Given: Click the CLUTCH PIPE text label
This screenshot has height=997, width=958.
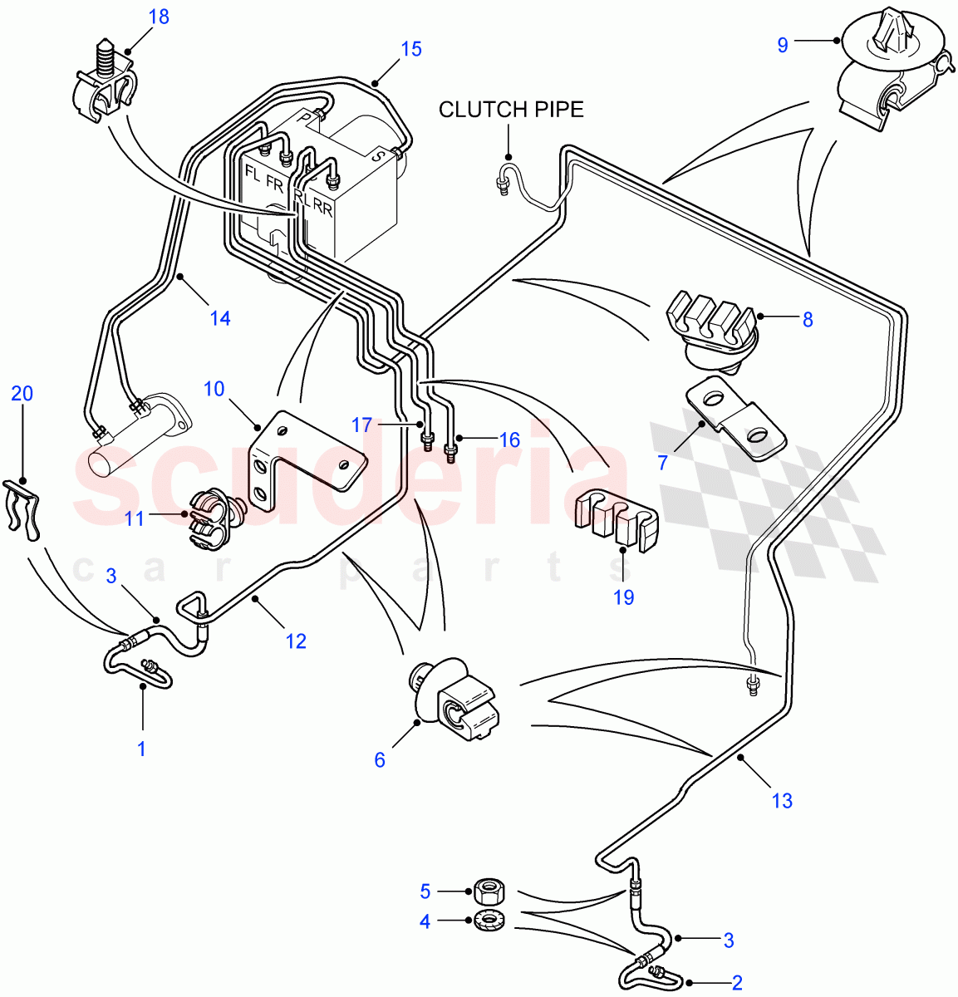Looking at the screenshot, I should point(511,110).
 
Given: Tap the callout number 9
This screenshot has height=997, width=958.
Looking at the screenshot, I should point(782,45).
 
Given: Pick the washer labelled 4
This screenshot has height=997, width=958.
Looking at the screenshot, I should point(487,921).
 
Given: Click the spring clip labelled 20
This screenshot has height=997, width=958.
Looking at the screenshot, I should point(22,507).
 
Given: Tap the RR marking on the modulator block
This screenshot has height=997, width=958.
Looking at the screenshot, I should point(323,209).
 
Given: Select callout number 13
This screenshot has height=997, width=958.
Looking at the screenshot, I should point(782,801).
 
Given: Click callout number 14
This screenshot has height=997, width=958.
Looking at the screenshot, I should point(219,318).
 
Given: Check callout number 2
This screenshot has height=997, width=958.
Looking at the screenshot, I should point(736,983).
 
